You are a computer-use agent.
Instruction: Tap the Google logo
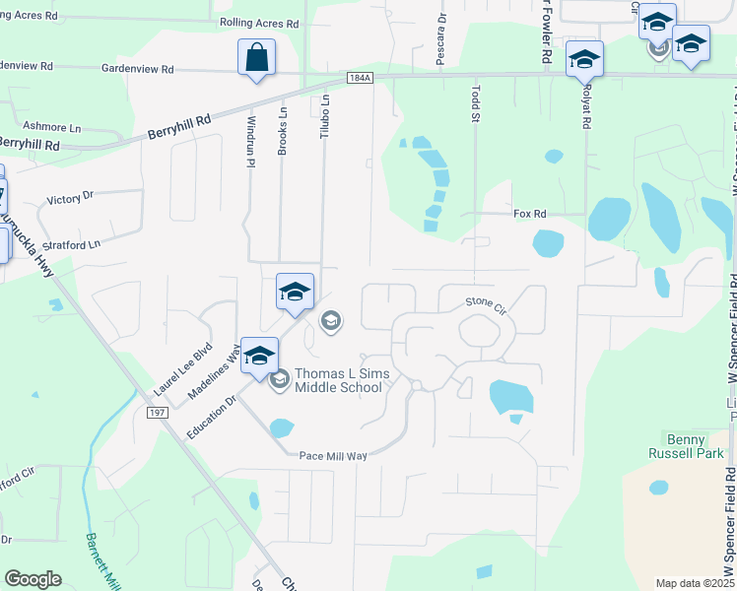click(x=33, y=579)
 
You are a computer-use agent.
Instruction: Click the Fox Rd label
click(x=529, y=214)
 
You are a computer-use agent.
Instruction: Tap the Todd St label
click(x=475, y=104)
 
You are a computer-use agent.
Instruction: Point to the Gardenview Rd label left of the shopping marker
click(x=138, y=70)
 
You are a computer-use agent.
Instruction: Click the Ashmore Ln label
click(x=51, y=127)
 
